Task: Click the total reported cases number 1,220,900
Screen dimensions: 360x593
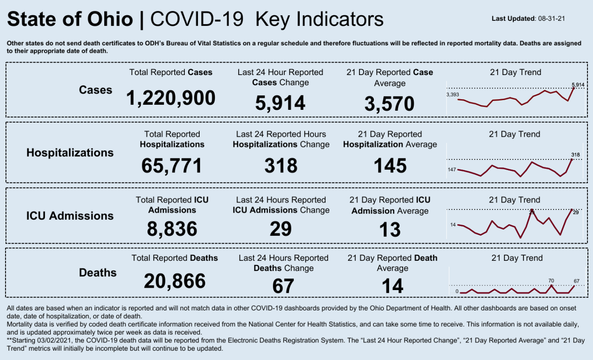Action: (171, 98)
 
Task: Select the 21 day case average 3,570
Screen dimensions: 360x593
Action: (389, 104)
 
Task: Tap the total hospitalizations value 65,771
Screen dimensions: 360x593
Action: (172, 166)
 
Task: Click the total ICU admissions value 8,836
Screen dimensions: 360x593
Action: (172, 229)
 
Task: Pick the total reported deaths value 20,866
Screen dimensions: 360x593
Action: (175, 281)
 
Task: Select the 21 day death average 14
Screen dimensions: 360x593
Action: (392, 286)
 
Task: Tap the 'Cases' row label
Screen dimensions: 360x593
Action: (95, 90)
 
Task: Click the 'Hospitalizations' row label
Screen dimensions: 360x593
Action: (70, 152)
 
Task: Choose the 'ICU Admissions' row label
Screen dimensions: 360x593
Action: (69, 216)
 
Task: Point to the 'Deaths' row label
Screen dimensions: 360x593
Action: (98, 272)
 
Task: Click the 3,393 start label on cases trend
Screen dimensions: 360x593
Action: (452, 95)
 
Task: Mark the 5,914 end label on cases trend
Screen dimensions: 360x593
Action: (578, 85)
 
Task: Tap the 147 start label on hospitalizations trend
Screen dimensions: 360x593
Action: (452, 170)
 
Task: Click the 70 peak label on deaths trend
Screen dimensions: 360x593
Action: (551, 280)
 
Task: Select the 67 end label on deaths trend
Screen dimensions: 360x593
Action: (577, 281)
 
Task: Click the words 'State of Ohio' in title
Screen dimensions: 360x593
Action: (70, 19)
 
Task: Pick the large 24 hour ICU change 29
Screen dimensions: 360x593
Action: (280, 229)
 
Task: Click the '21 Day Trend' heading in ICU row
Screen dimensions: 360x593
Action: (515, 200)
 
